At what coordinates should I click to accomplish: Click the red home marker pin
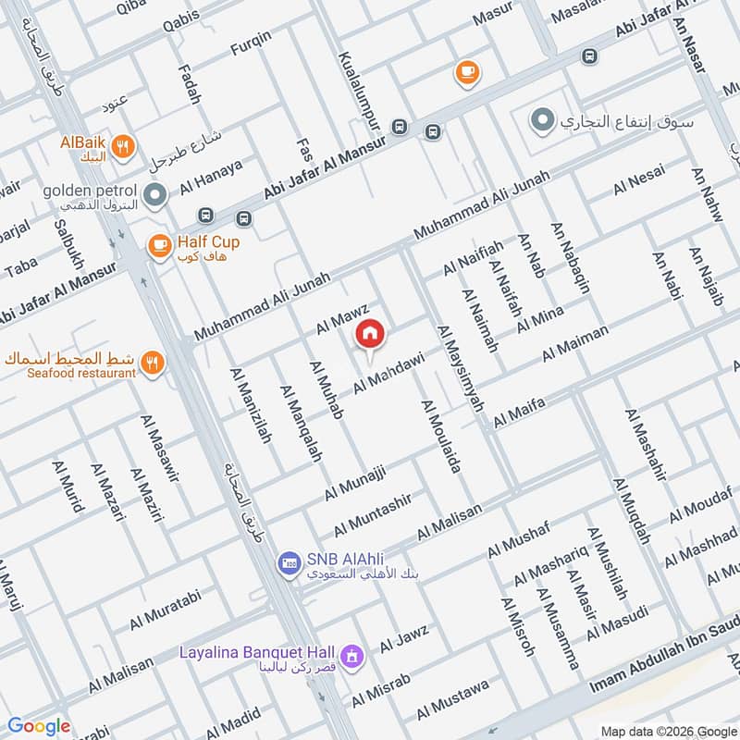[x=370, y=334]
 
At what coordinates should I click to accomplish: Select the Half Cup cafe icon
[x=159, y=244]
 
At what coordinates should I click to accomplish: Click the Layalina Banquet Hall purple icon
[x=351, y=657]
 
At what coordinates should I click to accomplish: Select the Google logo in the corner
[x=38, y=726]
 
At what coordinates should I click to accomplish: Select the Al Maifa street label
[x=520, y=412]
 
